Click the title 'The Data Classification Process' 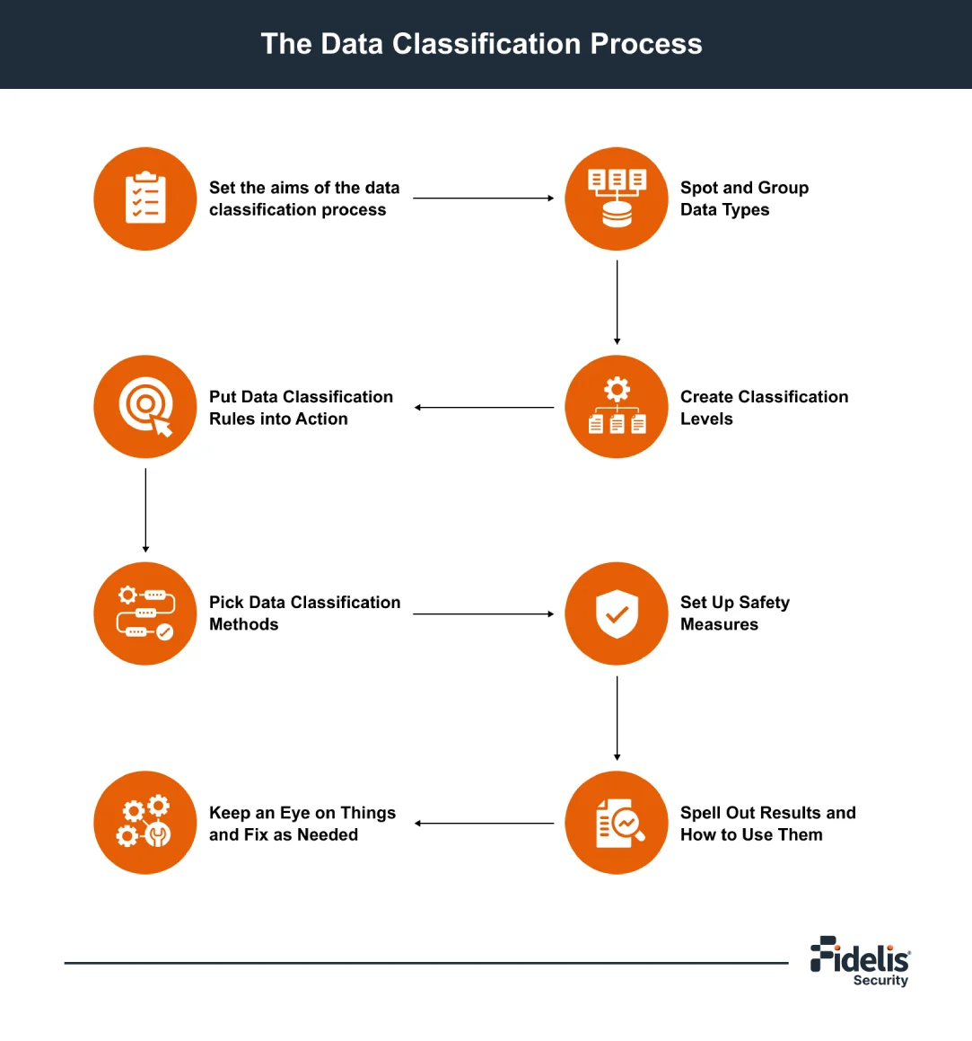(481, 44)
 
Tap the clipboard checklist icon (145, 198)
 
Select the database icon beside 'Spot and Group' (617, 198)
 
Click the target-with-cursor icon (145, 407)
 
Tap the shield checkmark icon (617, 614)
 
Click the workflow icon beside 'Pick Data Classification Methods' (145, 614)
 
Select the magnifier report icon (617, 823)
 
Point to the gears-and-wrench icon (145, 823)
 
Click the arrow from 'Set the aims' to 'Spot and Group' (483, 198)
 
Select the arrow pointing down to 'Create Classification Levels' (617, 302)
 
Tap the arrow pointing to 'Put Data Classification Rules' (483, 408)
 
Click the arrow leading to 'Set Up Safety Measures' (483, 614)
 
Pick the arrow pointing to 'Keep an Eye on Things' (483, 823)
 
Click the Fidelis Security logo (860, 962)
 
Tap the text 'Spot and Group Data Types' (744, 198)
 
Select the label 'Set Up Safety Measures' (734, 613)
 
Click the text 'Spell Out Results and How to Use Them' (767, 824)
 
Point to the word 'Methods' (243, 625)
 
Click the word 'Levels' (706, 419)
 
